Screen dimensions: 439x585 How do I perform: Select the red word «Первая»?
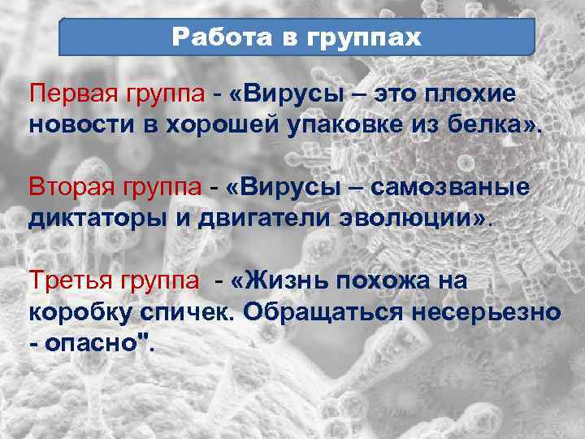pos(66,94)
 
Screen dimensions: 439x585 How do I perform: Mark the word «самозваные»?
pos(451,188)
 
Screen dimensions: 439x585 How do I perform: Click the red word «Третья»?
pos(64,281)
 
